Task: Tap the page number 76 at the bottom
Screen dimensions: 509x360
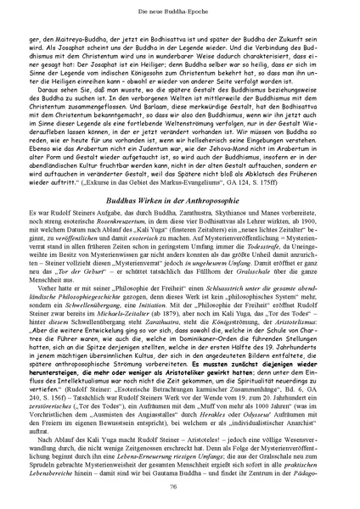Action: tap(181, 485)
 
